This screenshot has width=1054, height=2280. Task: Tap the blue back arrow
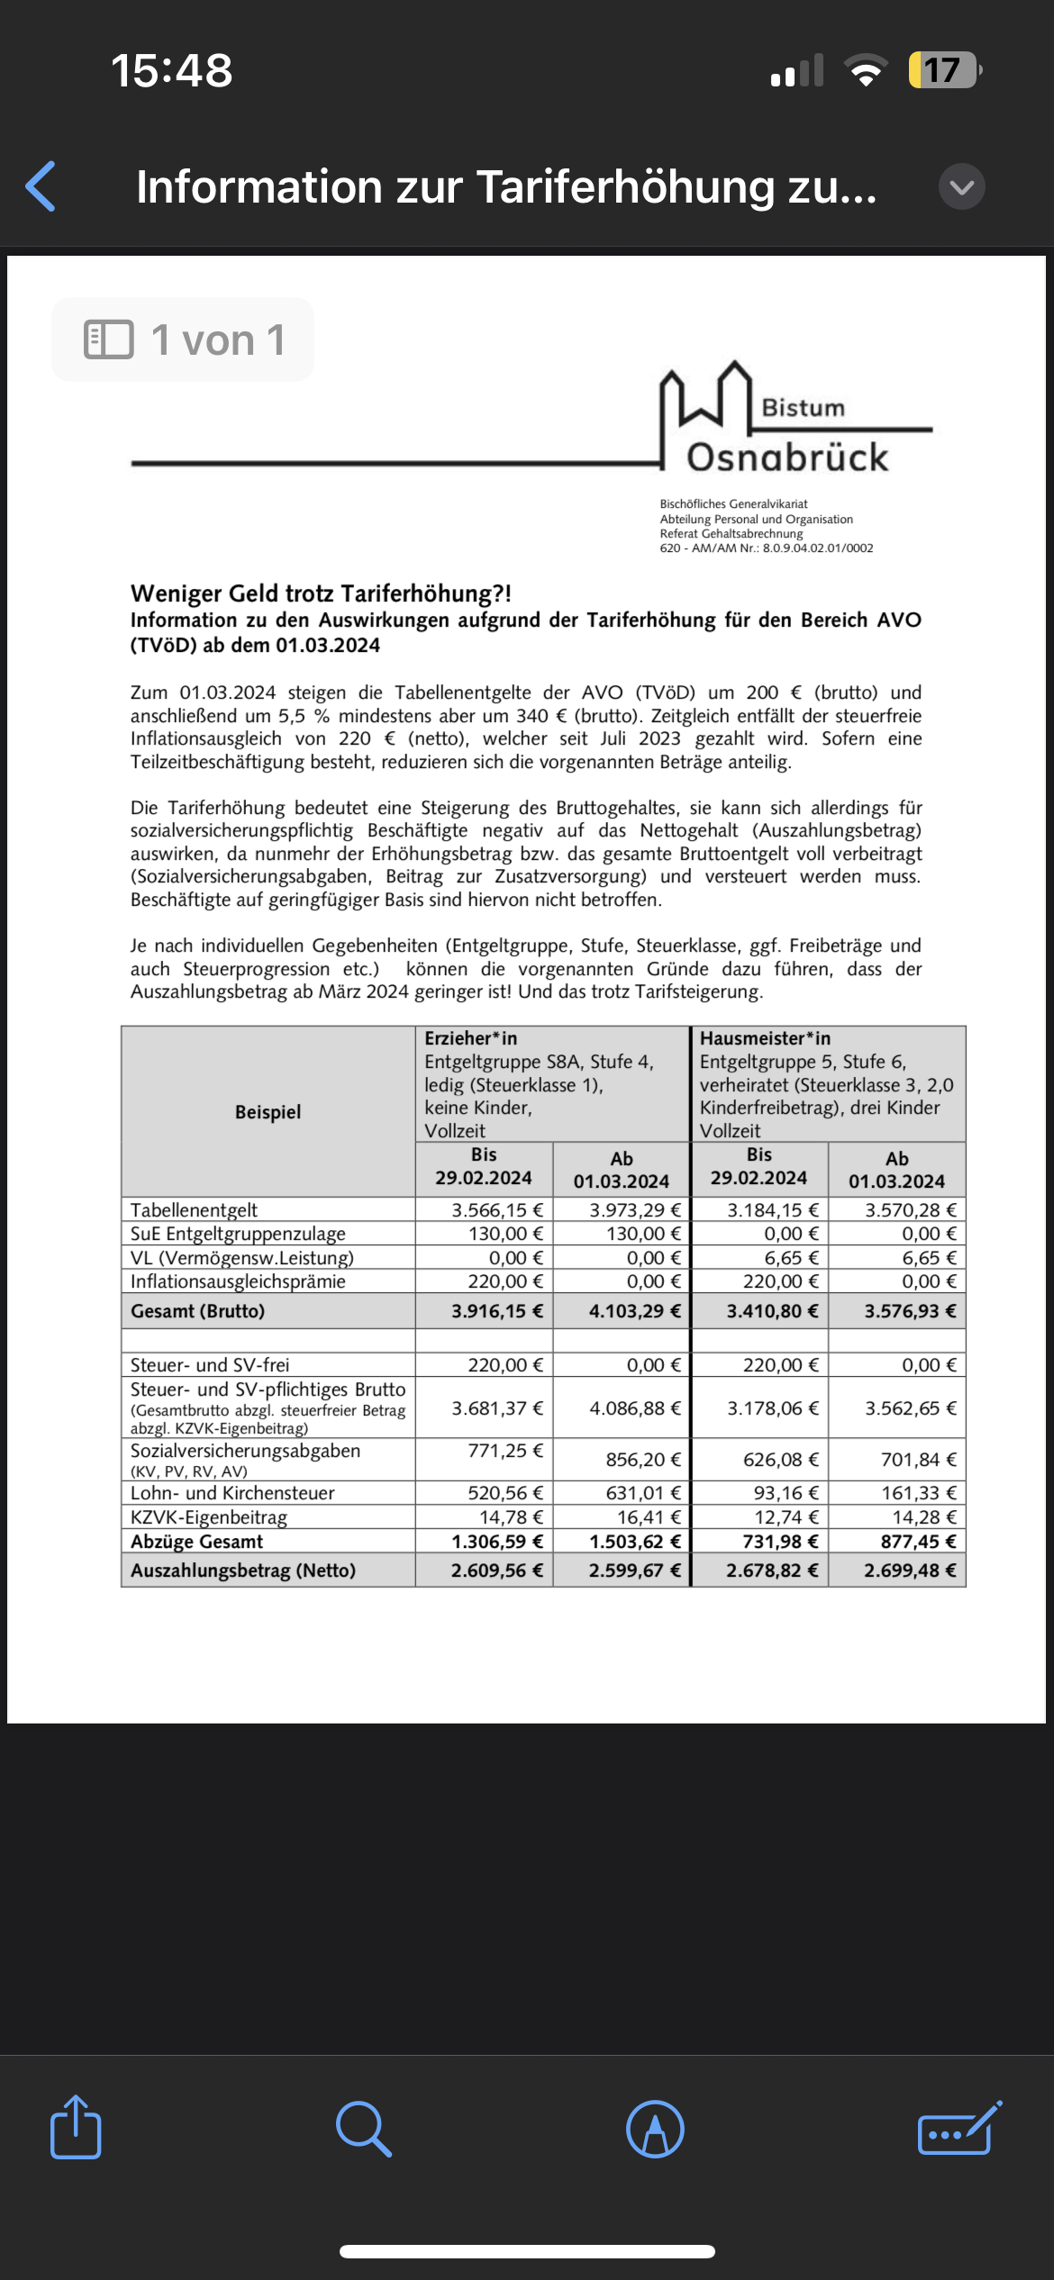41,186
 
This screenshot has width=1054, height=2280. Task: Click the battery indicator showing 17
942,70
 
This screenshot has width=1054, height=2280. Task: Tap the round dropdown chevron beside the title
961,186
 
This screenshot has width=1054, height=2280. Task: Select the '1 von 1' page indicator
184,339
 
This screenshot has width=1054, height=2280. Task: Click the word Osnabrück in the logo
787,457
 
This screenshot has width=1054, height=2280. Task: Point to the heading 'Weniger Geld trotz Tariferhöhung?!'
321,593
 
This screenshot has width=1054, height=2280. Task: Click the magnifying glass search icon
363,2129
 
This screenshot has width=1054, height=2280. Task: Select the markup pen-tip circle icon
655,2129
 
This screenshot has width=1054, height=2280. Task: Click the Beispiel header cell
268,1112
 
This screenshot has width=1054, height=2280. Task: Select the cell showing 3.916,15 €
496,1311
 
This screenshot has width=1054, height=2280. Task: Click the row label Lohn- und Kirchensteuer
232,1493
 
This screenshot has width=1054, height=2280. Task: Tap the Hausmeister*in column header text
765,1038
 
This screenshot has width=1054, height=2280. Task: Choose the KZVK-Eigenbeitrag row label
209,1517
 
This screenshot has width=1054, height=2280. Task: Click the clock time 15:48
171,70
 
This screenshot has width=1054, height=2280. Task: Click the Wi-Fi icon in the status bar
865,70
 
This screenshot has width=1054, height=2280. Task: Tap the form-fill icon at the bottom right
959,2129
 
